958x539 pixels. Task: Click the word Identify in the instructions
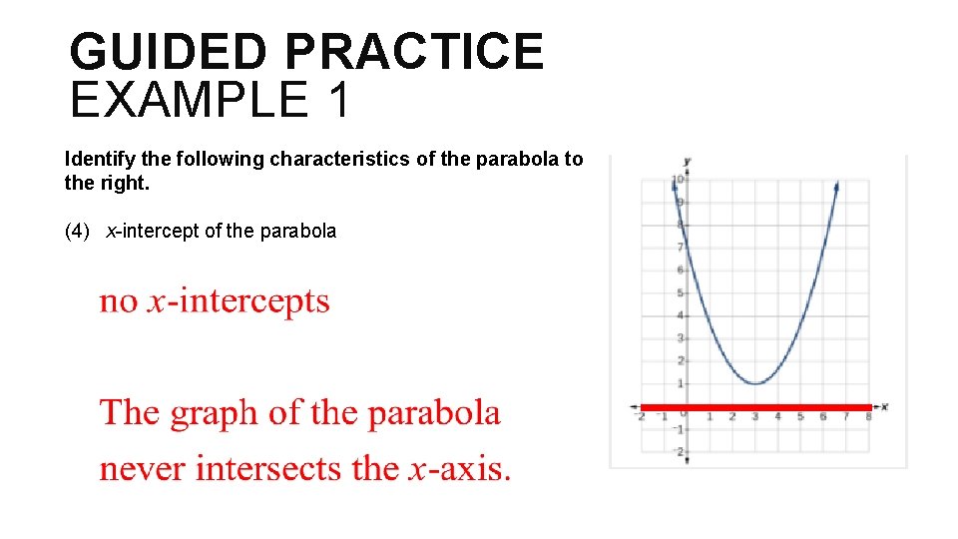click(97, 159)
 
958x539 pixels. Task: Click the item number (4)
click(77, 231)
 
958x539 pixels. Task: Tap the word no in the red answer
click(119, 300)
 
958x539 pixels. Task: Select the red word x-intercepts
click(239, 300)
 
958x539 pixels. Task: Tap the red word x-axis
click(460, 467)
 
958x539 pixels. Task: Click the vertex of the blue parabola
click(755, 383)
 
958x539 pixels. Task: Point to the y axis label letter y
click(688, 161)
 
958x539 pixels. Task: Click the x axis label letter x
click(884, 406)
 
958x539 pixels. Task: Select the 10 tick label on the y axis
click(677, 180)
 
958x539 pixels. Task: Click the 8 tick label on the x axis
click(868, 417)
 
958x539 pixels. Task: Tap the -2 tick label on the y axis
click(678, 452)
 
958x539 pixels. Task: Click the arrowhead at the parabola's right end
click(835, 185)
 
